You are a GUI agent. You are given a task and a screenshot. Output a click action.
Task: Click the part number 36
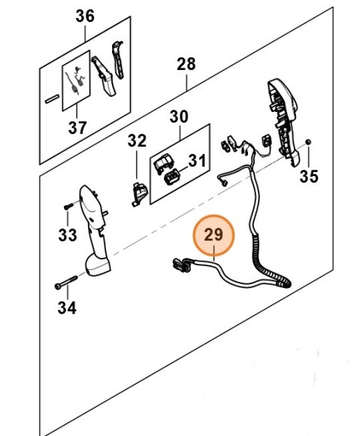86,16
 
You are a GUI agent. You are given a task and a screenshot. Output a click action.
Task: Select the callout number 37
77,127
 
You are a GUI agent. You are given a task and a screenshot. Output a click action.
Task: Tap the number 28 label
186,64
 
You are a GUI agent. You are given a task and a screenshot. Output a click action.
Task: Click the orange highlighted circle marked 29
214,235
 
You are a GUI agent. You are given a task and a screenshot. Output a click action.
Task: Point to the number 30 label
179,117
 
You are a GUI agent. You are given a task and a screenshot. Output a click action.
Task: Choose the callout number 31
197,160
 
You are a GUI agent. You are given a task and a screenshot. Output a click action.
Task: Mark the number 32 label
137,140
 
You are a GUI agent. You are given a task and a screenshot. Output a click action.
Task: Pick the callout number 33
68,235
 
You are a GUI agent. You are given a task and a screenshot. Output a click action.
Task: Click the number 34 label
68,307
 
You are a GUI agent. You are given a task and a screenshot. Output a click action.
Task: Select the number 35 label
309,177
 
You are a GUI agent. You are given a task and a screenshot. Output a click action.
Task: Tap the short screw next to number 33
69,204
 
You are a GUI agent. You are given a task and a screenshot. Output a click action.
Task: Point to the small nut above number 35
309,143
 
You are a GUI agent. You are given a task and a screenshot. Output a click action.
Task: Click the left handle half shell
94,233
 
